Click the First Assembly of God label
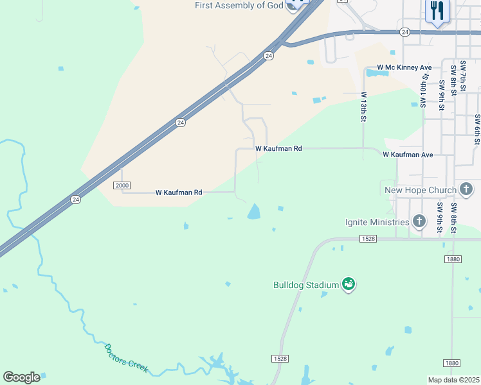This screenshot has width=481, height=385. (239, 6)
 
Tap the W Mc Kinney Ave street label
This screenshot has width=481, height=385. (404, 67)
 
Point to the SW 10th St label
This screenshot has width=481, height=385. (424, 90)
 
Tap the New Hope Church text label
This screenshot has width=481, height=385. (420, 190)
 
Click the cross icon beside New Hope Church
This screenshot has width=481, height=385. (467, 189)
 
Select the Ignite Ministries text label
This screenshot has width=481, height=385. (377, 222)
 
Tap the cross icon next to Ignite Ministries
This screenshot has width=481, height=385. (419, 222)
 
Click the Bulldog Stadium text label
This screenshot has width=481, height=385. (306, 284)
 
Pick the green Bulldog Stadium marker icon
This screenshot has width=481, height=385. (349, 284)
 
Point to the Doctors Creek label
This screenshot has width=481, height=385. (126, 358)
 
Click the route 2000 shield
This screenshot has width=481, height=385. (122, 185)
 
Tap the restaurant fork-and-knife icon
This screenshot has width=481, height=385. (438, 11)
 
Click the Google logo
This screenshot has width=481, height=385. (21, 377)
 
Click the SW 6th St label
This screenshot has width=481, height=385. (477, 129)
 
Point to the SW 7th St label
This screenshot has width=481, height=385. (463, 78)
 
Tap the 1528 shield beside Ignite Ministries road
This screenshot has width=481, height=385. (367, 239)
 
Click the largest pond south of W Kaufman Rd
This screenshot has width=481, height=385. (255, 211)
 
